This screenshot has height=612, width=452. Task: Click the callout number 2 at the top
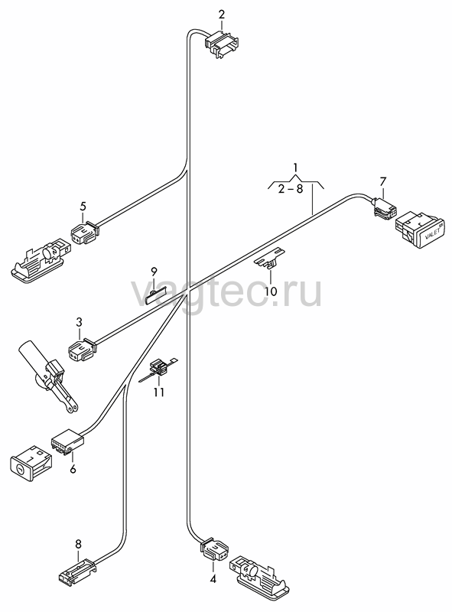221,15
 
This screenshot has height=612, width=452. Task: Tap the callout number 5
83,206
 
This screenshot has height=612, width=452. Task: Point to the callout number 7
382,181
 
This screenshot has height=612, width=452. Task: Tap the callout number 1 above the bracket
295,168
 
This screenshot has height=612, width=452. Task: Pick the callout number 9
154,271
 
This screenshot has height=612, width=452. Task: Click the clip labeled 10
270,258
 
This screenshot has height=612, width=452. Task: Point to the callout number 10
271,291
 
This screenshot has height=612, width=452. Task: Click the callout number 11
158,392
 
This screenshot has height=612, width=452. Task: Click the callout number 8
78,543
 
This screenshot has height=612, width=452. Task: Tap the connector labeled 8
77,571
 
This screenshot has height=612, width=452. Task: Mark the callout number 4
213,579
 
